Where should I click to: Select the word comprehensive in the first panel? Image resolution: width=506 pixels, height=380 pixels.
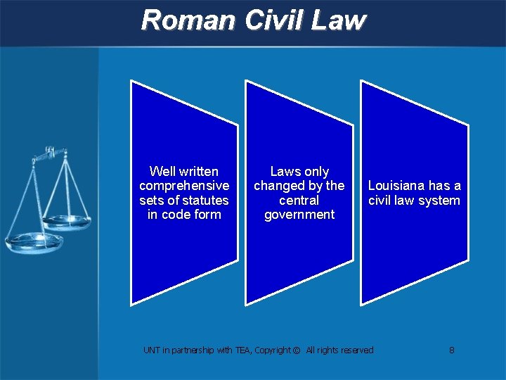(184, 186)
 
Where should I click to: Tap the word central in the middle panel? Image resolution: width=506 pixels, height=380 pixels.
(299, 201)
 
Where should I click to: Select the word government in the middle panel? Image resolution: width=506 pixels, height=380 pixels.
(299, 215)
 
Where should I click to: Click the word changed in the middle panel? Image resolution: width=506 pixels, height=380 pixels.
(278, 186)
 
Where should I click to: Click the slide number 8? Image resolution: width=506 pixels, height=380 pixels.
(452, 350)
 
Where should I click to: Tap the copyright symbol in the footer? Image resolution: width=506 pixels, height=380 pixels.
(297, 350)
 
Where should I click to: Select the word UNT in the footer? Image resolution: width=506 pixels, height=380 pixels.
(151, 350)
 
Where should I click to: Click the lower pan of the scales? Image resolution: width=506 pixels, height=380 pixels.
(33, 243)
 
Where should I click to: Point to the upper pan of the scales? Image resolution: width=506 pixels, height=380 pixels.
(66, 222)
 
